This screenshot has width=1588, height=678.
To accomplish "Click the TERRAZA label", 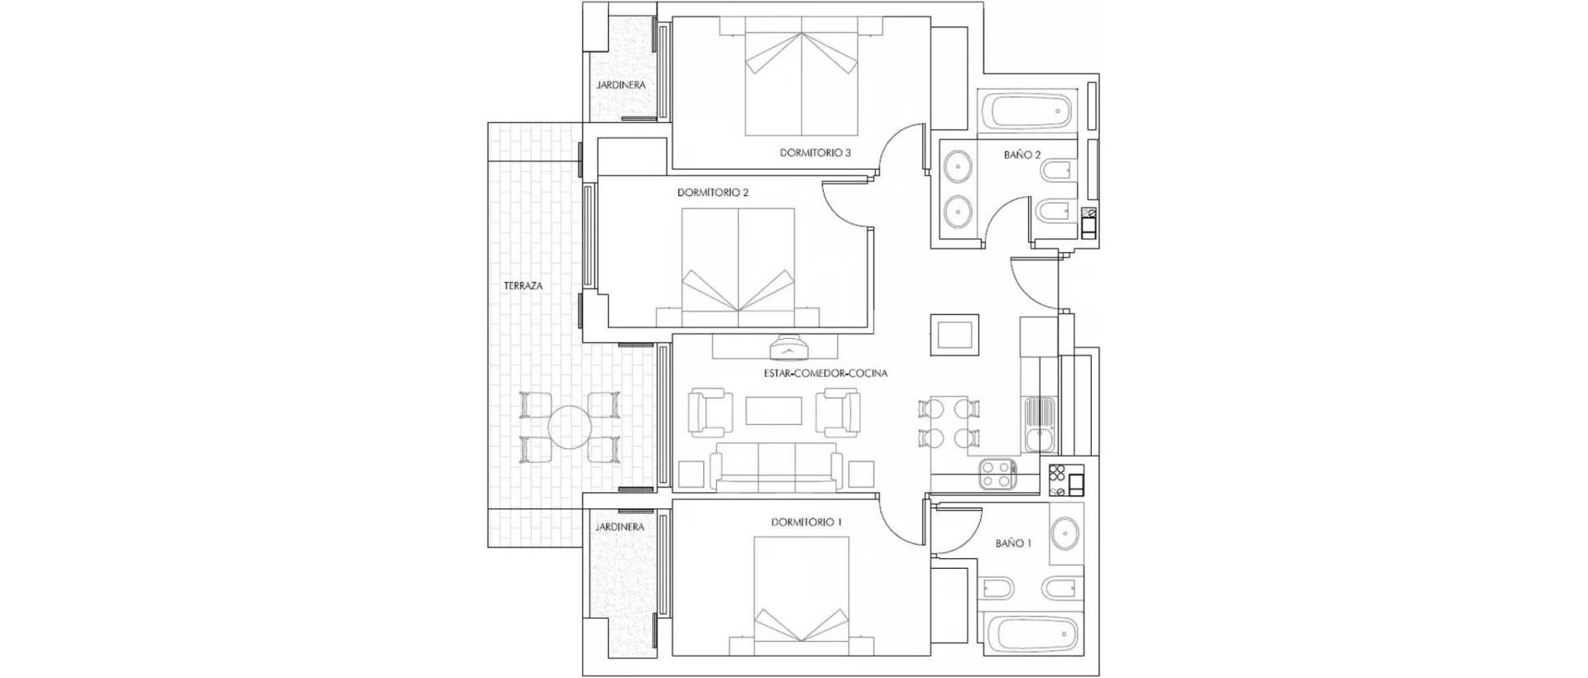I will (523, 286).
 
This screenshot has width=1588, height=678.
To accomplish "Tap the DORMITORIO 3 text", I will (815, 153).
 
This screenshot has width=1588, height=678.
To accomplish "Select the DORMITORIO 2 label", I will (712, 193).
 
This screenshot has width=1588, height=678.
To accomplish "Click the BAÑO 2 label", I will (1021, 155).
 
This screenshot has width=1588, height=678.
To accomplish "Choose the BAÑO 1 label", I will (1013, 543).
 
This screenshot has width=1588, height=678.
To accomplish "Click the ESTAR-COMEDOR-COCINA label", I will (825, 374).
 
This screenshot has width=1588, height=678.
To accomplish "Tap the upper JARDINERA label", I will (620, 85).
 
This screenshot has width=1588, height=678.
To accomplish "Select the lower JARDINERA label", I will (619, 527).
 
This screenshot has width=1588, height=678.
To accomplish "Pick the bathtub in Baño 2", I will (1026, 111).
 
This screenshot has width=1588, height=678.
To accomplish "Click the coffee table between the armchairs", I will (773, 412).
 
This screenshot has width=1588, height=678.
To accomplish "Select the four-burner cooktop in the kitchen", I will (997, 474).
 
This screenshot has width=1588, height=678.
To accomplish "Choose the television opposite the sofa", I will (791, 347).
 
